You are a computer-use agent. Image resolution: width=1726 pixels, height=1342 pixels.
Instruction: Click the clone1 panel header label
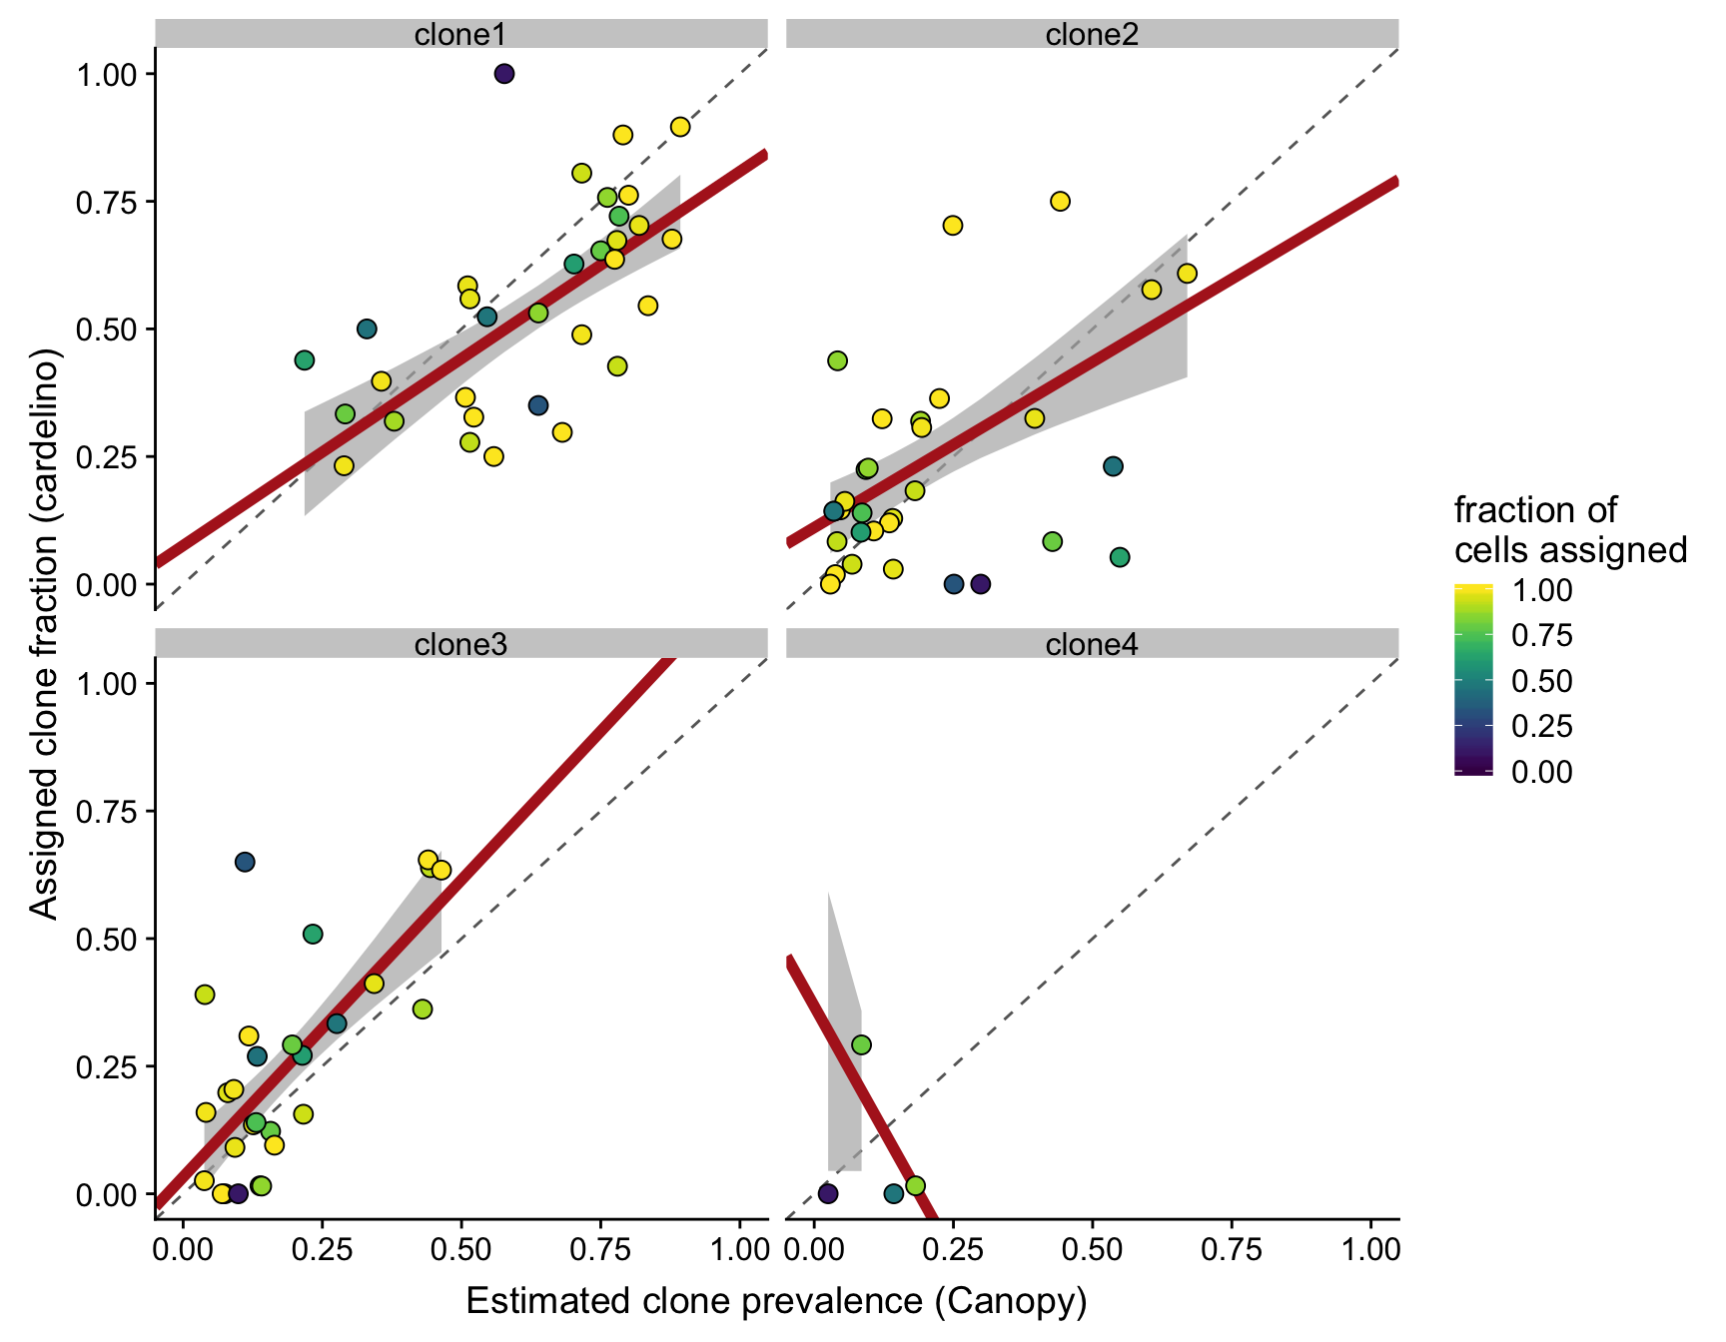point(460,35)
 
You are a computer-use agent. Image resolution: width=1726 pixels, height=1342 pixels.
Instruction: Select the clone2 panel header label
point(1092,35)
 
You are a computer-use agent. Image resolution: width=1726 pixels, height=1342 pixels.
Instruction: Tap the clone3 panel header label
point(460,645)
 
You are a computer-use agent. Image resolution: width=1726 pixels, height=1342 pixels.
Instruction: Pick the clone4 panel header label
point(1092,645)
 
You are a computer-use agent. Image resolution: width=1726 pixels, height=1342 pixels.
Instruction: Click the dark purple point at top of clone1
point(504,74)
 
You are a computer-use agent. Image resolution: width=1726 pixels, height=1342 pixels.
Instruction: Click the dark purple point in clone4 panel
point(828,1193)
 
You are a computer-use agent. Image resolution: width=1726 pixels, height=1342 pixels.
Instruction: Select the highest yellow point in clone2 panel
point(1060,202)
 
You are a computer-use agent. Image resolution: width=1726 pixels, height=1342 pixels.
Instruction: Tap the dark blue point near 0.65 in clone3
point(245,862)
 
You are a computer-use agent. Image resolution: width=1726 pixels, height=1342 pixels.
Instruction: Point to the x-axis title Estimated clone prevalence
point(776,1301)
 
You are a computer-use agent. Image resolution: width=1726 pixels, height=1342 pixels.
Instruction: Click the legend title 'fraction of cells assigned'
point(1569,530)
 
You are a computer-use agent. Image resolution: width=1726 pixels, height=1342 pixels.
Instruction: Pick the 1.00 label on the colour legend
point(1542,590)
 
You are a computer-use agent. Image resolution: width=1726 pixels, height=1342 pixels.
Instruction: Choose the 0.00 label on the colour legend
point(1542,772)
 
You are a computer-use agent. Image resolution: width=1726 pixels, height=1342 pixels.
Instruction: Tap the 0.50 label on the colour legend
point(1542,681)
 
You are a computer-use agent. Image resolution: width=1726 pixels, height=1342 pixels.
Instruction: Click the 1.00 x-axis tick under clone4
point(1370,1250)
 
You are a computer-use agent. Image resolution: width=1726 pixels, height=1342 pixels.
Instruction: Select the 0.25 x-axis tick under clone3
point(322,1250)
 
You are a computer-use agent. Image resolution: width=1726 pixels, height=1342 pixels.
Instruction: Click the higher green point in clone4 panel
point(861,1044)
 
